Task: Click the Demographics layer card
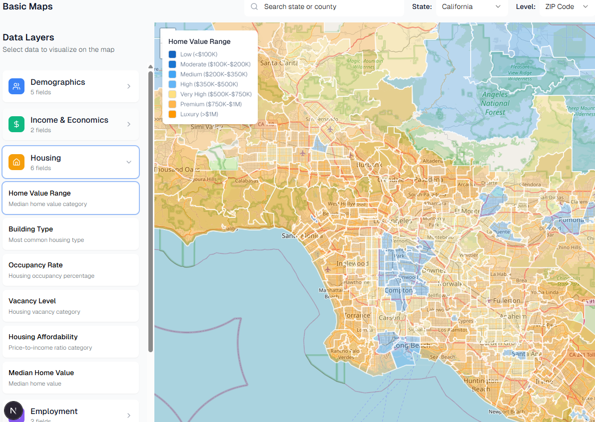70,86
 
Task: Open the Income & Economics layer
70,124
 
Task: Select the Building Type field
70,233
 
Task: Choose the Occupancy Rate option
70,269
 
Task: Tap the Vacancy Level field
70,305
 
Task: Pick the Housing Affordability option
70,341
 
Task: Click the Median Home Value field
70,377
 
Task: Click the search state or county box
325,7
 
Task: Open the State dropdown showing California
471,7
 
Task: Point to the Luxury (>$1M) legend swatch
172,114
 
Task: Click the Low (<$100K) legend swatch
172,54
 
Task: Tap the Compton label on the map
399,290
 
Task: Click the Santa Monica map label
299,235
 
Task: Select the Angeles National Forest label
495,103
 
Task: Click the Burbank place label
369,165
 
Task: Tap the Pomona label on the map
571,220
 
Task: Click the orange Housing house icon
16,162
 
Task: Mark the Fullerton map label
506,301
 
